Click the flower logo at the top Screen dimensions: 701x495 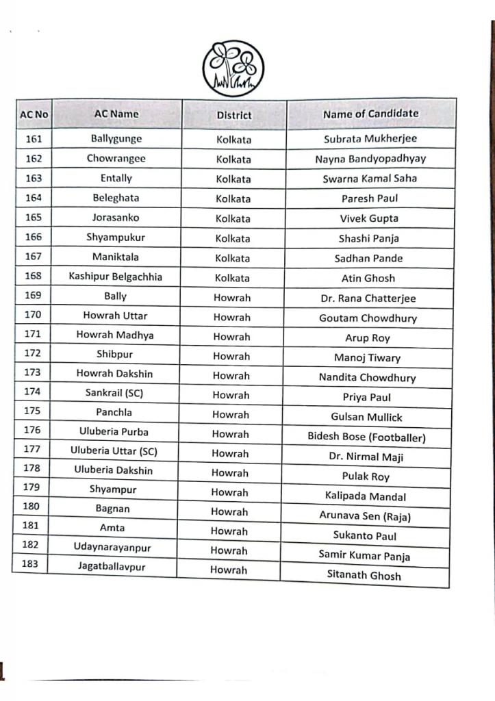(x=233, y=68)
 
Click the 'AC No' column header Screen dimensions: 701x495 (x=34, y=114)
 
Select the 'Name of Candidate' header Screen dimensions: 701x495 (x=370, y=114)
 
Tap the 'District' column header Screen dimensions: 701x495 (x=234, y=115)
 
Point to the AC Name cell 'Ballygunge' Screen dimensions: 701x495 (x=116, y=138)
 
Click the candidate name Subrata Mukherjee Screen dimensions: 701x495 (x=370, y=139)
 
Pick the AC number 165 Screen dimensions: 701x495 (x=33, y=217)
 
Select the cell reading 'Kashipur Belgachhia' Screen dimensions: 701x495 (x=115, y=277)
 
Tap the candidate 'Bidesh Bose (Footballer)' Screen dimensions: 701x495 (x=366, y=437)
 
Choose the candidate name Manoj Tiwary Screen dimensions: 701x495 (x=367, y=357)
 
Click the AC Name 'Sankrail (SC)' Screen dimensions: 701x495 (x=114, y=393)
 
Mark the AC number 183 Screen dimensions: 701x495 (x=30, y=565)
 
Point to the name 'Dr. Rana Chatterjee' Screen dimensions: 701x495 (x=368, y=298)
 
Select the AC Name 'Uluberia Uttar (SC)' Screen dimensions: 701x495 (x=114, y=451)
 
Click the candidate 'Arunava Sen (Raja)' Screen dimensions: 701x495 (x=365, y=516)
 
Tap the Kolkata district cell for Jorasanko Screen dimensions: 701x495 (x=233, y=218)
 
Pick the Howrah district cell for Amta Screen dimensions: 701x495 (x=229, y=531)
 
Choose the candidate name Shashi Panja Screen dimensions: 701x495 (x=368, y=238)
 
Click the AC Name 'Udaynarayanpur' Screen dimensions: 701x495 (x=112, y=547)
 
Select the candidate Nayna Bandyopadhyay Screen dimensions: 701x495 (x=370, y=159)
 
